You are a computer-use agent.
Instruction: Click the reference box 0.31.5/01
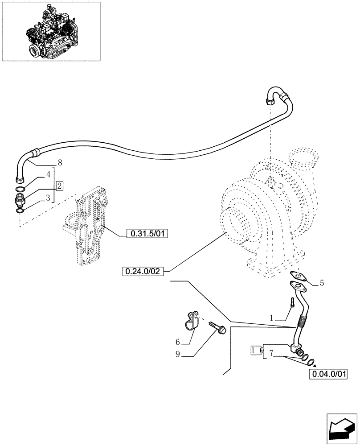pyautogui.click(x=147, y=233)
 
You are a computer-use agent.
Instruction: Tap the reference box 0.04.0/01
pyautogui.click(x=327, y=374)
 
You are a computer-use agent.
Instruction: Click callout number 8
pyautogui.click(x=59, y=163)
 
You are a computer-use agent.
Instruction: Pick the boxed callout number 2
pyautogui.click(x=60, y=185)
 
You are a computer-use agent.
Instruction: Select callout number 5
pyautogui.click(x=322, y=283)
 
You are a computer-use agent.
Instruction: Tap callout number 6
pyautogui.click(x=177, y=342)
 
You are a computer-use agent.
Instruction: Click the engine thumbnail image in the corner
pyautogui.click(x=51, y=31)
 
